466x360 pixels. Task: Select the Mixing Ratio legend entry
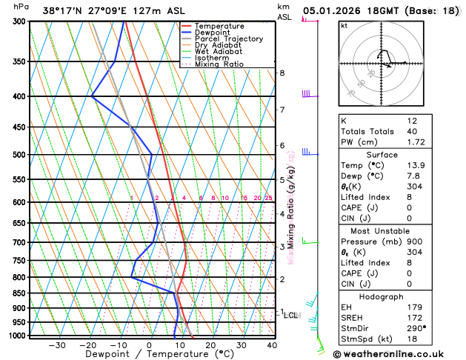[x=223, y=64]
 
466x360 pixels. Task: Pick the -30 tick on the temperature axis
[x=57, y=345]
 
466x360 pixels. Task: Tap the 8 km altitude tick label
[x=282, y=73]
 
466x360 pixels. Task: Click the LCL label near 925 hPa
[x=291, y=315]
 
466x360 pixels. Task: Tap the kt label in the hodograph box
[x=344, y=25]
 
